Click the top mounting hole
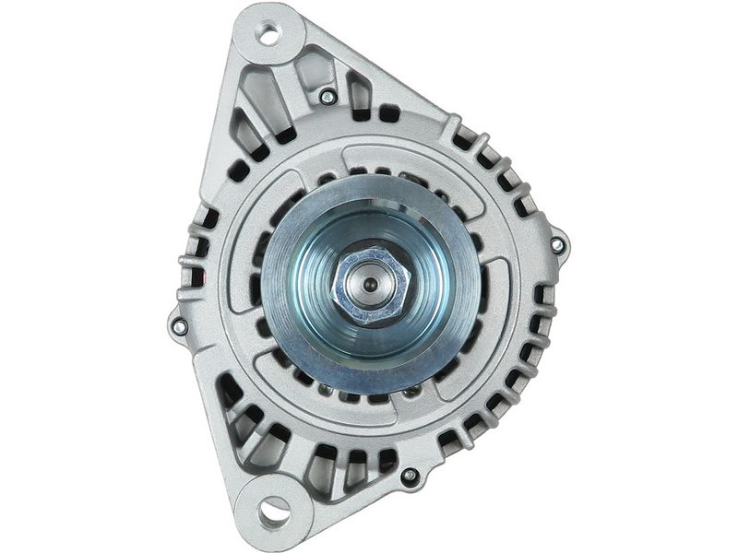coord(268,35)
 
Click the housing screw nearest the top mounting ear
coord(327,95)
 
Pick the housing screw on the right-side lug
coord(557,244)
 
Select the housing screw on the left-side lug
coord(179,326)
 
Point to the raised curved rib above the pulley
coord(406,157)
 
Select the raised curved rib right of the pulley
coord(503,304)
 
